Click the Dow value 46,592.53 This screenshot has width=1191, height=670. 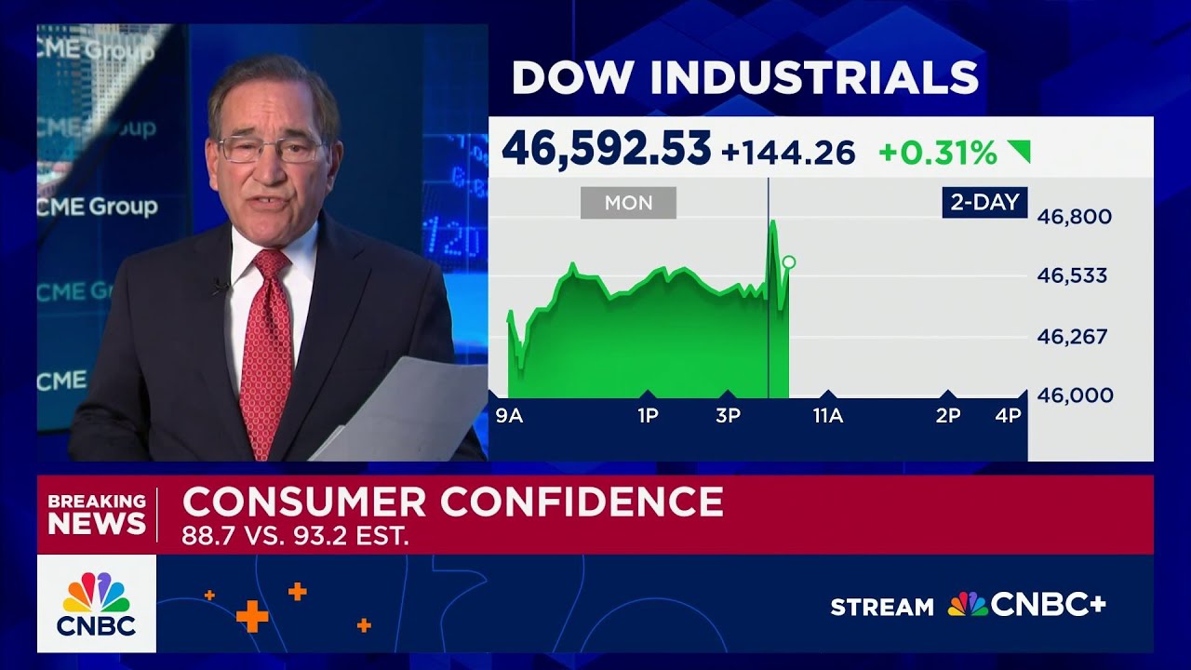click(x=606, y=150)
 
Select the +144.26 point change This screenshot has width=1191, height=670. click(x=788, y=153)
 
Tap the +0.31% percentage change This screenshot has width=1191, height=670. click(x=937, y=153)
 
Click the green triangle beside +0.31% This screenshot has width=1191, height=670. click(x=1020, y=151)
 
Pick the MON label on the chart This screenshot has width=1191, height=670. click(x=628, y=203)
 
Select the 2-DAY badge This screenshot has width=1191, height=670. click(x=984, y=202)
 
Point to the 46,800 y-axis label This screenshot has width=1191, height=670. click(x=1075, y=217)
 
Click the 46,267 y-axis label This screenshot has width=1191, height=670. click(x=1072, y=336)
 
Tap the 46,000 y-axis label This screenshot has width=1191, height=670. click(x=1075, y=395)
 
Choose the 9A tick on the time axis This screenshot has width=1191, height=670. click(x=509, y=416)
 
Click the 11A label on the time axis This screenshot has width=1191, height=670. click(x=827, y=416)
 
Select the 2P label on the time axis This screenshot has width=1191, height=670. click(x=948, y=416)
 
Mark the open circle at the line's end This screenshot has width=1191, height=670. click(x=789, y=262)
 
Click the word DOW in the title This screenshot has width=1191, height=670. click(x=560, y=77)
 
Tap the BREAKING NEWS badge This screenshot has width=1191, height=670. click(x=97, y=514)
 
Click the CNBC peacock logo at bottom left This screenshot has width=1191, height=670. click(x=97, y=603)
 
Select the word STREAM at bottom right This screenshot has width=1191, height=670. click(x=881, y=608)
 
